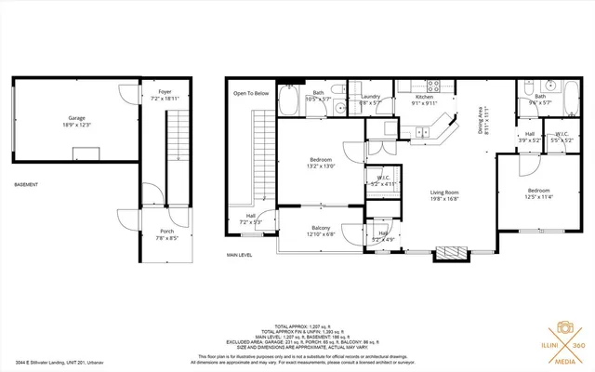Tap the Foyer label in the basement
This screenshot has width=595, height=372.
pos(165,92)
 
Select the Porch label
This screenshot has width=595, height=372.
pos(166,231)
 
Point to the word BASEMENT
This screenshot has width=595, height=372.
pos(26,185)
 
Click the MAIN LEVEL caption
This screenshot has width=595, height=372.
pos(240,254)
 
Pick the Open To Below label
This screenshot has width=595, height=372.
pos(251,93)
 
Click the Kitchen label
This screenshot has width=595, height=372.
pos(424,97)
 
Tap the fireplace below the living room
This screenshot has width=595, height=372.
pos(453,251)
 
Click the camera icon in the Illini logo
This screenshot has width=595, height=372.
pos(563,328)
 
